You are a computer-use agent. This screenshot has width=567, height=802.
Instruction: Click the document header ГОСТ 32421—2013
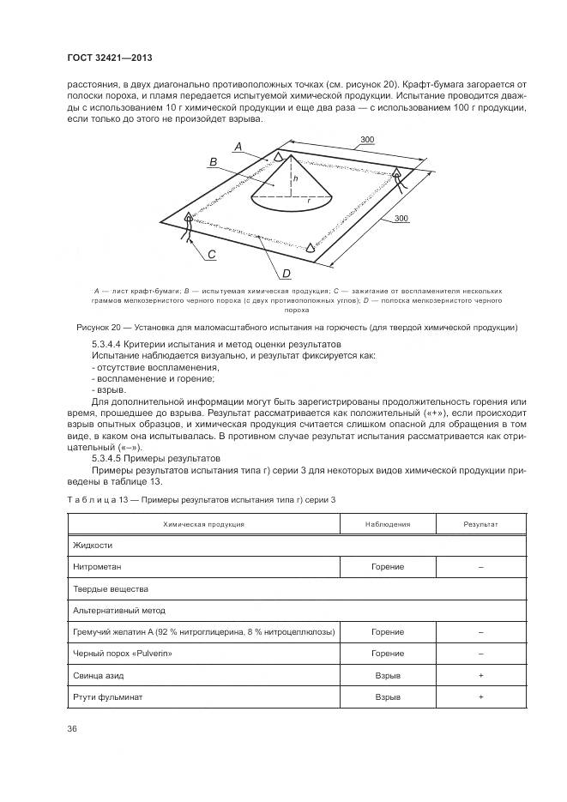[105, 58]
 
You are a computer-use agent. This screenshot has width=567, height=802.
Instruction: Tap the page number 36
[72, 728]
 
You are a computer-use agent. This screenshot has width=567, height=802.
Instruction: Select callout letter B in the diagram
[212, 161]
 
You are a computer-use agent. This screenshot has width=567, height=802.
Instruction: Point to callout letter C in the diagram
[211, 255]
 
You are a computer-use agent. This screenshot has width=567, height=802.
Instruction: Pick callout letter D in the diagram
[287, 274]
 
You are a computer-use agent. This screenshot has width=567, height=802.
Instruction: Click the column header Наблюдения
[388, 522]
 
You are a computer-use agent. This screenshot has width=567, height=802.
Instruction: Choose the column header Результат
[480, 522]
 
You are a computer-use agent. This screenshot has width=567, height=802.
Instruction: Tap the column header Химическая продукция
[202, 522]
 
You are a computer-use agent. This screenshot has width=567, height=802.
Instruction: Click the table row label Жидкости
[93, 545]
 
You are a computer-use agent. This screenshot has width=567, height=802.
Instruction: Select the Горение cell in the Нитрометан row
[388, 567]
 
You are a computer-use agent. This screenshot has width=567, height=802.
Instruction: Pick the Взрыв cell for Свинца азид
[388, 676]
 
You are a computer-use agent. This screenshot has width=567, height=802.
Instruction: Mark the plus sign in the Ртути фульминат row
[480, 697]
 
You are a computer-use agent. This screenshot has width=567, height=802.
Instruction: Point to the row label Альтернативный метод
[119, 611]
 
